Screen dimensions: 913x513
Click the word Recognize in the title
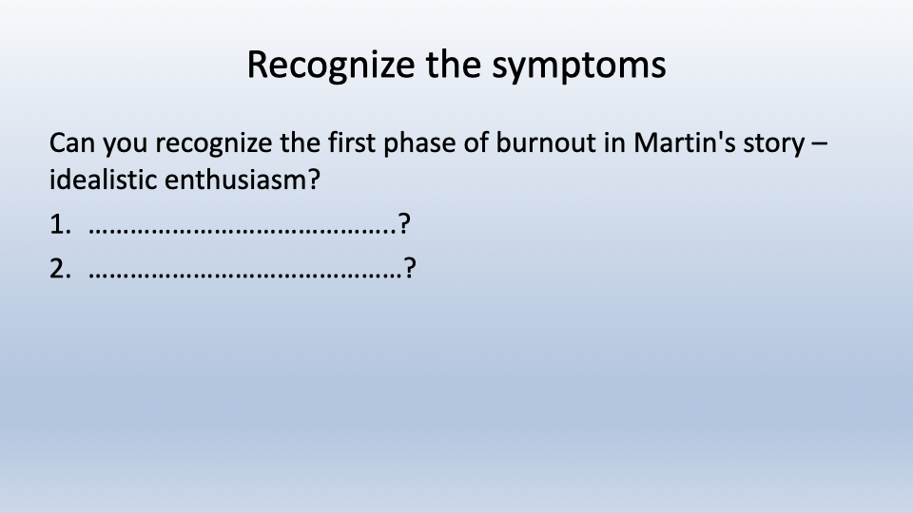click(331, 65)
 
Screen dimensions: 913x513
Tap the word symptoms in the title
click(579, 66)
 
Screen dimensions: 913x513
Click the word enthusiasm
click(243, 180)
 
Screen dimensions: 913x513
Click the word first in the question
click(352, 143)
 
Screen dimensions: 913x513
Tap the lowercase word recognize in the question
click(214, 144)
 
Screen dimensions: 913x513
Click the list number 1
click(60, 224)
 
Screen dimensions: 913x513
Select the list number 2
click(60, 269)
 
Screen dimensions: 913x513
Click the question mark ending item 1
click(404, 224)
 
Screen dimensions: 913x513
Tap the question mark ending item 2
click(410, 268)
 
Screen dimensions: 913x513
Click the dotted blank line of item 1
click(243, 232)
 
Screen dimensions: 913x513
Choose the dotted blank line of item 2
click(245, 276)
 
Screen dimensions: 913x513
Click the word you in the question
click(126, 145)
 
